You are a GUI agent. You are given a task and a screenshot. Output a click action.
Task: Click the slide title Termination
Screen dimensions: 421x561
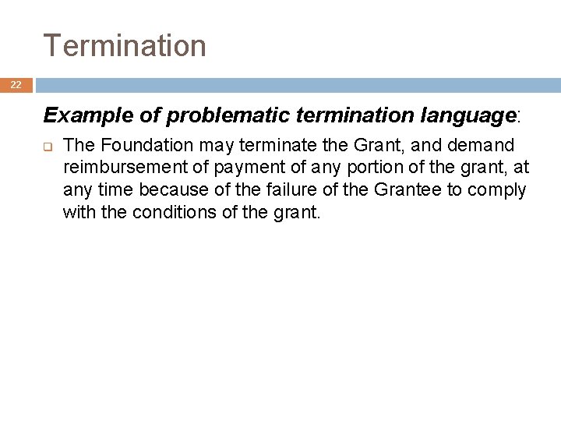coord(125,46)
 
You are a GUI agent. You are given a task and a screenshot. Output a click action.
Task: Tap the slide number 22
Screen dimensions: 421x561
coord(16,85)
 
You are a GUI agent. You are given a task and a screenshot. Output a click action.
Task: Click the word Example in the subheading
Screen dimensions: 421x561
coord(77,116)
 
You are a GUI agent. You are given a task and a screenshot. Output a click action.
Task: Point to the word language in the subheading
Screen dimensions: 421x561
coord(467,116)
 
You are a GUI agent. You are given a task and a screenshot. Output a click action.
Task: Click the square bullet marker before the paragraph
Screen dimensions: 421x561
coord(47,146)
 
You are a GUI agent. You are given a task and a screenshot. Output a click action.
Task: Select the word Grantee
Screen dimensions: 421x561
coord(410,189)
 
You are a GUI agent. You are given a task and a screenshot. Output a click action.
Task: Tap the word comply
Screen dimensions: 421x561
coord(499,189)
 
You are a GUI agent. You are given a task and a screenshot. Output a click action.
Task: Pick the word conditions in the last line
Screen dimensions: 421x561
coord(175,211)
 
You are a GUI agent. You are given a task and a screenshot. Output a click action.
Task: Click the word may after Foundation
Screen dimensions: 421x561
coord(202,146)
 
